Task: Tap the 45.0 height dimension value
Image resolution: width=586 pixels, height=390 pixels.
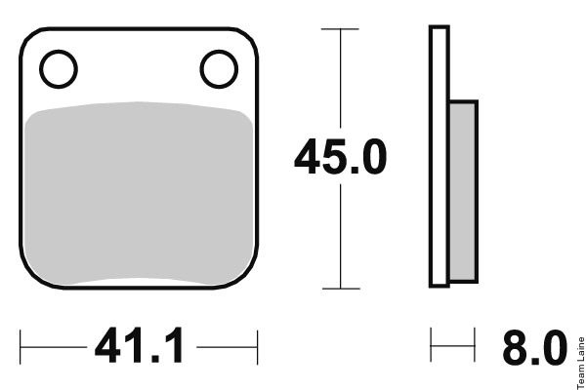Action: click(x=340, y=157)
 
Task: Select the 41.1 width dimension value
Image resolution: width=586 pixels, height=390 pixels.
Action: click(x=139, y=345)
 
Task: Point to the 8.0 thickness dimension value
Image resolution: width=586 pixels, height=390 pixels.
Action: click(x=535, y=348)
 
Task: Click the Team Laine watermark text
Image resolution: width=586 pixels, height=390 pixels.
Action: click(x=581, y=363)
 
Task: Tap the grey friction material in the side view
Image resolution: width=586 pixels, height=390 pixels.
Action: click(x=463, y=191)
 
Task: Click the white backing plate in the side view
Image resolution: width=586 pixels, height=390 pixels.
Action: click(x=439, y=156)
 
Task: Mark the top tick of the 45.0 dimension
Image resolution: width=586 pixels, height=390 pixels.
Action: click(x=340, y=28)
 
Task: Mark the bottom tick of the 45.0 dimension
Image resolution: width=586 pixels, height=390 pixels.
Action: click(x=341, y=289)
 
